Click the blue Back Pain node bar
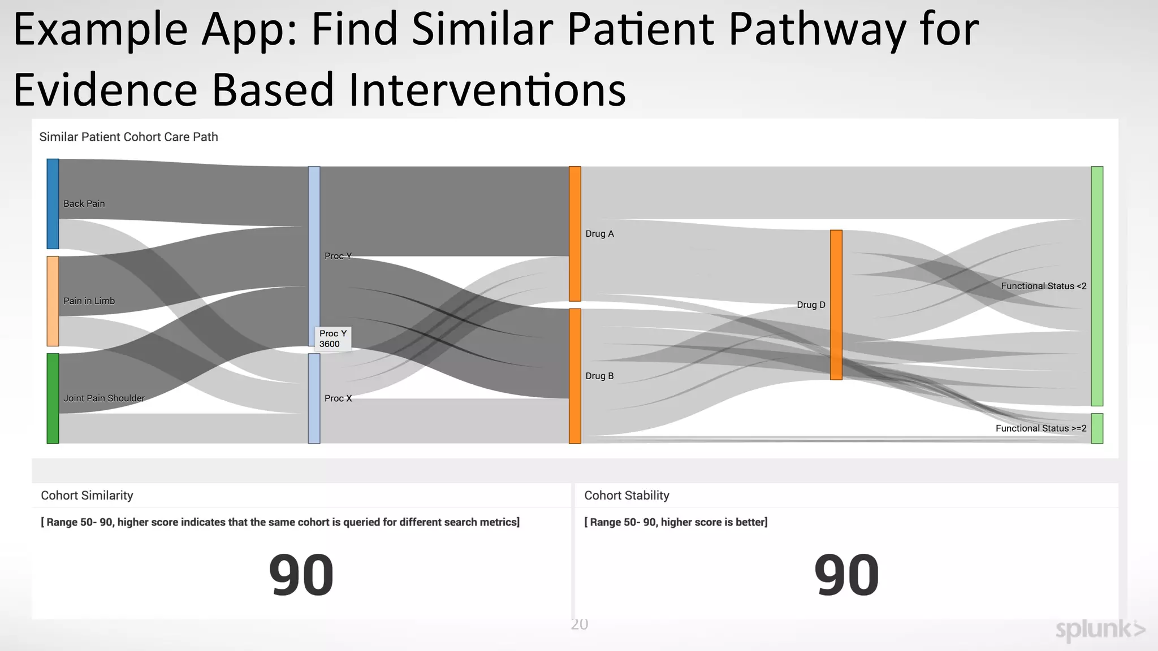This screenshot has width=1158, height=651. coord(53,203)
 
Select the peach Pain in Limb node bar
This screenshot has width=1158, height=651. coord(53,301)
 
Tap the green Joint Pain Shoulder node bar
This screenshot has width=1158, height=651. coord(53,398)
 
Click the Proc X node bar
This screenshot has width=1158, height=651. coord(314,398)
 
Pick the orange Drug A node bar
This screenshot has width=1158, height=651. coord(574,233)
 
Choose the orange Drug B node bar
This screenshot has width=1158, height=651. coord(574,376)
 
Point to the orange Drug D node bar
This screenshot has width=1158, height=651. coord(836,305)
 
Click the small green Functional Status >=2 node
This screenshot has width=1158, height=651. coord(1096,428)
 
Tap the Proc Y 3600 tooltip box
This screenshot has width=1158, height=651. coord(333,338)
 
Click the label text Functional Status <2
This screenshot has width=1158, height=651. coord(1043,286)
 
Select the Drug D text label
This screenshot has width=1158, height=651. coord(811,305)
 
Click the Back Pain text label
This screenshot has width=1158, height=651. coord(84,203)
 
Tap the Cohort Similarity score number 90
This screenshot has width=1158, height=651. coord(301,575)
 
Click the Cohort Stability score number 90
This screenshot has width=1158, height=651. coord(846,575)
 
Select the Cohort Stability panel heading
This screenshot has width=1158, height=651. coord(626,496)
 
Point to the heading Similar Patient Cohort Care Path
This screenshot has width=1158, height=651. coord(128,137)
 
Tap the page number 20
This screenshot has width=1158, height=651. coord(579,624)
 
